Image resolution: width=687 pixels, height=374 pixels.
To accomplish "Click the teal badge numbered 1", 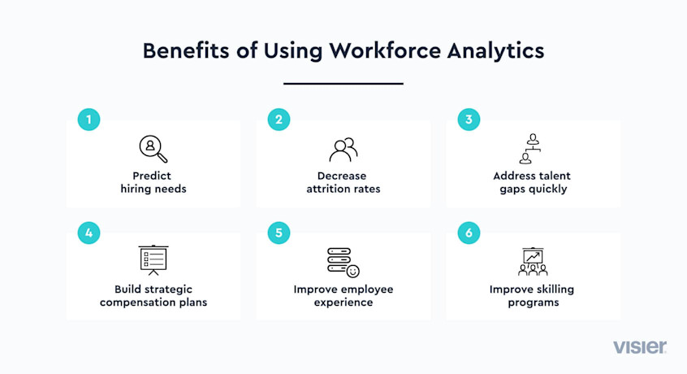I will tap(89, 120).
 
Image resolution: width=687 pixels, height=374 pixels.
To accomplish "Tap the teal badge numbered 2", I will tap(279, 120).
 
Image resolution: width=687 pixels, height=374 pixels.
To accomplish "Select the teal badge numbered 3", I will tap(469, 120).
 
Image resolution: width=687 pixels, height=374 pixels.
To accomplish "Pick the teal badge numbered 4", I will tap(89, 232).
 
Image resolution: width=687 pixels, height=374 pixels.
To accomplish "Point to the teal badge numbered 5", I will tap(279, 232).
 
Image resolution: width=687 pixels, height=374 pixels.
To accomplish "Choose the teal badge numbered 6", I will tap(469, 232).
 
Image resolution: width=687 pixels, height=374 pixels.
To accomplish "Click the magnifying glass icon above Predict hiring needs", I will tap(153, 149).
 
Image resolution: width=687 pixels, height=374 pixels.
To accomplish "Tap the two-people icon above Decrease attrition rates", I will tap(343, 149).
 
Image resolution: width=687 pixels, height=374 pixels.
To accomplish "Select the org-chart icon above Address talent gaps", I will tap(533, 149).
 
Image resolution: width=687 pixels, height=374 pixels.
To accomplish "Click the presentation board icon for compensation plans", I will tap(153, 260).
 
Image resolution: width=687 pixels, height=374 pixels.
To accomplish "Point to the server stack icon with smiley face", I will tap(338, 262).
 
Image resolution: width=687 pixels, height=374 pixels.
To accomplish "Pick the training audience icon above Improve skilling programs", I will tap(533, 261).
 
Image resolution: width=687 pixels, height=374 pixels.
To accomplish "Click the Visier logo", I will tap(640, 347).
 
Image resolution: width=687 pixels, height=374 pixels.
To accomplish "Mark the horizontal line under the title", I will tap(343, 83).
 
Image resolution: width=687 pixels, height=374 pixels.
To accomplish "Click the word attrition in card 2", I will tap(329, 189).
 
